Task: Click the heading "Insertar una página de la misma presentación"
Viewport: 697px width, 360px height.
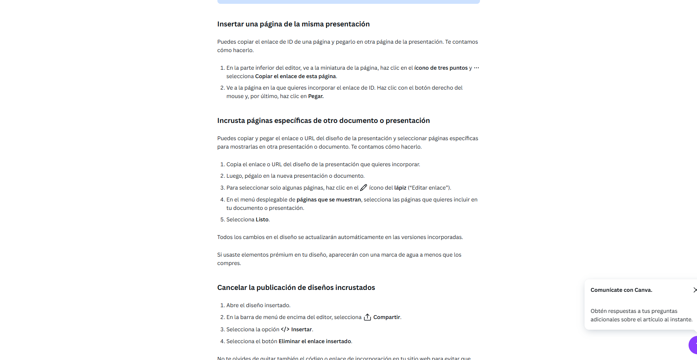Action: pyautogui.click(x=293, y=24)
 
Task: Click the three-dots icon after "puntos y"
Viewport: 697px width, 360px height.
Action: pyautogui.click(x=477, y=68)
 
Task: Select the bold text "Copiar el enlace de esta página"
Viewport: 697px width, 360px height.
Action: pyautogui.click(x=295, y=76)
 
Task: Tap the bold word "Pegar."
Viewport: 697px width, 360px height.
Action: pyautogui.click(x=316, y=96)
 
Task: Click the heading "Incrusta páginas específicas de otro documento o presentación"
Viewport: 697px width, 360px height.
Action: pyautogui.click(x=323, y=121)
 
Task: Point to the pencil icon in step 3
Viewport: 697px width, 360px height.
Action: pyautogui.click(x=364, y=188)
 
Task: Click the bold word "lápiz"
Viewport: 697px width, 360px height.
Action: pyautogui.click(x=400, y=188)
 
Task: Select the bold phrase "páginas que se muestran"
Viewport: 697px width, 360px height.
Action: pyautogui.click(x=329, y=200)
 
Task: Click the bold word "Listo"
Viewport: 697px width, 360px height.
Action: pyautogui.click(x=262, y=219)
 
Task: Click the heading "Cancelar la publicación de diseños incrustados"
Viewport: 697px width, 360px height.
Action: pyautogui.click(x=296, y=288)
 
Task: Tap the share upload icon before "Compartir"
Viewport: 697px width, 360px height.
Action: pyautogui.click(x=367, y=317)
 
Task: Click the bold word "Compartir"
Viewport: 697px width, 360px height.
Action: pyautogui.click(x=387, y=317)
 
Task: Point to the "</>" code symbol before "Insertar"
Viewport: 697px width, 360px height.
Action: pyautogui.click(x=285, y=329)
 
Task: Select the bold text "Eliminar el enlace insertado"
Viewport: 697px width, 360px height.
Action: pyautogui.click(x=315, y=341)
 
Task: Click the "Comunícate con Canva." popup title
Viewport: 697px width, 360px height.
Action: pyautogui.click(x=621, y=290)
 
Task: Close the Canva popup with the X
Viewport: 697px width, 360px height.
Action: pyautogui.click(x=695, y=290)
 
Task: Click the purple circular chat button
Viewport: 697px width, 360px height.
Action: pyautogui.click(x=694, y=345)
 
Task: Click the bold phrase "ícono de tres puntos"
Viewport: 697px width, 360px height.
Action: pyautogui.click(x=441, y=68)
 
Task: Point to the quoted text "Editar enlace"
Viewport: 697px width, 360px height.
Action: pyautogui.click(x=429, y=188)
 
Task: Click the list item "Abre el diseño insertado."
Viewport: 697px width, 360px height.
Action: pyautogui.click(x=258, y=305)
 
